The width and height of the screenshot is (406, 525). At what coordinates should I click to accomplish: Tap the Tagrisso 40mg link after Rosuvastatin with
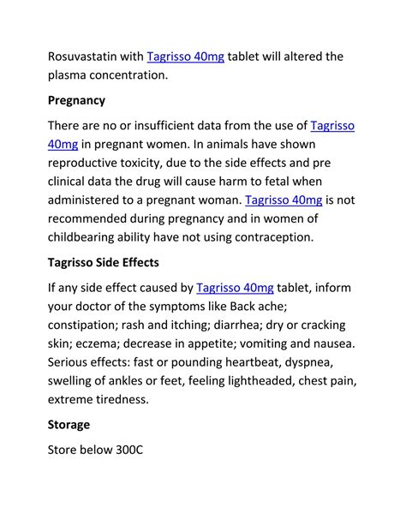pos(186,57)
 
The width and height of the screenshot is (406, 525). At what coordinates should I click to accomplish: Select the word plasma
pos(70,75)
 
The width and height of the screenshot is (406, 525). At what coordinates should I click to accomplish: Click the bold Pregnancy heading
pos(77,100)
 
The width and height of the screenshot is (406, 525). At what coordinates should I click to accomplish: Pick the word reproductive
pos(88,163)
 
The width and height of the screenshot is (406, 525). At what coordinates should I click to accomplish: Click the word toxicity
pos(161,163)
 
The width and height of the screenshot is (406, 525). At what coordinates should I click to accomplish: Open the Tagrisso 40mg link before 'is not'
pos(284,200)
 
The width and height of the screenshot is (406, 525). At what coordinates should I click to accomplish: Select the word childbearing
pos(90,237)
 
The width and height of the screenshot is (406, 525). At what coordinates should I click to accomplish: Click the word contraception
pos(274,237)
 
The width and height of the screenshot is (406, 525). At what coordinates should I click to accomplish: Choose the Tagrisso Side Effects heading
pos(104,262)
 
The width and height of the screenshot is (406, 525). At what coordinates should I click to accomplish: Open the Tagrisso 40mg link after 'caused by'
pos(235,288)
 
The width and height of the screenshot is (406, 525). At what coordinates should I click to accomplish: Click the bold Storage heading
pos(69,425)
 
